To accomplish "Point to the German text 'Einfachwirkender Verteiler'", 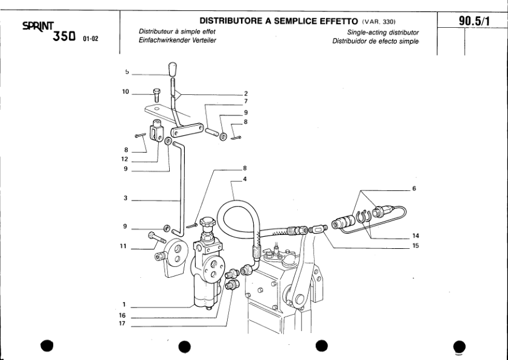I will point(178,40).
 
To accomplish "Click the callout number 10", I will point(126,92).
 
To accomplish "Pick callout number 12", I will point(124,159).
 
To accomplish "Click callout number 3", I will point(124,198).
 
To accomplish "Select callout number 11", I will point(124,246).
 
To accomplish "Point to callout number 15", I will point(416,246).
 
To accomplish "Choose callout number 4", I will point(245,178).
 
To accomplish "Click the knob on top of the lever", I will point(173,69).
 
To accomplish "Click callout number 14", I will point(416,236).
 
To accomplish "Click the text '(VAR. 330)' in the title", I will point(378,22).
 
